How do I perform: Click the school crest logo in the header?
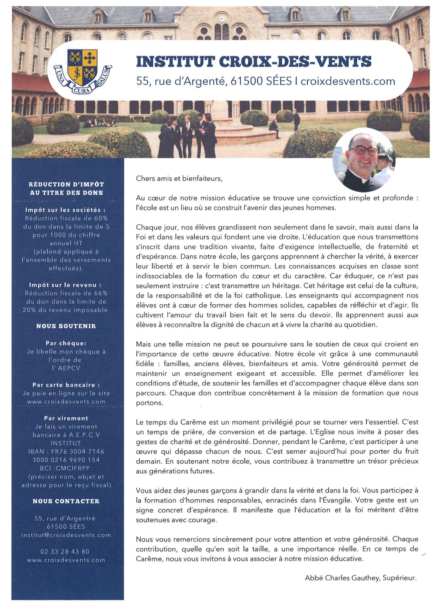click(83, 71)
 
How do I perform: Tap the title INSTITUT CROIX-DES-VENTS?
click(254, 62)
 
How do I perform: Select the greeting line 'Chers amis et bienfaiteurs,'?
click(179, 179)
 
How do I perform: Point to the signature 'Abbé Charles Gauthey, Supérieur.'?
click(360, 578)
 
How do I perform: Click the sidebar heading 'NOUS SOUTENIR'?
click(66, 326)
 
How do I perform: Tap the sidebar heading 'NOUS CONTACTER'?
click(66, 501)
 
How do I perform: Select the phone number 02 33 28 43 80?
click(65, 551)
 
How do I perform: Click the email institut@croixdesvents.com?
click(66, 535)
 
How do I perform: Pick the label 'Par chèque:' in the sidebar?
click(66, 343)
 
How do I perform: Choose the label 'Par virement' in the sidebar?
click(66, 418)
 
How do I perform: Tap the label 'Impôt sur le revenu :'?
click(65, 285)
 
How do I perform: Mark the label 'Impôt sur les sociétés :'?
click(65, 210)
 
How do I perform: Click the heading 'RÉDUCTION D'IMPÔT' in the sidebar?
click(66, 184)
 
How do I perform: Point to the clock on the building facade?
click(222, 18)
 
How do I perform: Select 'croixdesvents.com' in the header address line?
click(348, 81)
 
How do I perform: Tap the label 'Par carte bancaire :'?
click(66, 385)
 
